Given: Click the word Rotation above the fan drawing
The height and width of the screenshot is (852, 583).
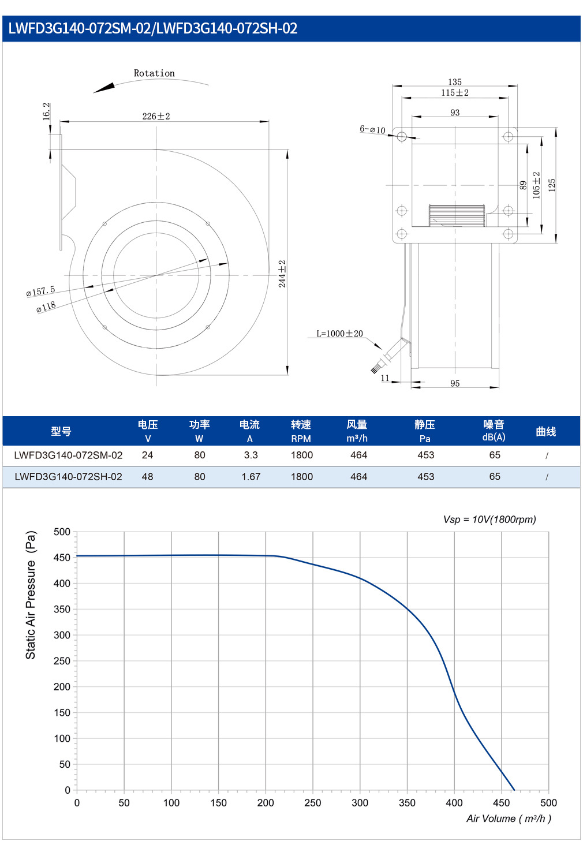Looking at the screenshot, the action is pos(154,73).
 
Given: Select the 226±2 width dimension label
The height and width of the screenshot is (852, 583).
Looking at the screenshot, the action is pos(156,116).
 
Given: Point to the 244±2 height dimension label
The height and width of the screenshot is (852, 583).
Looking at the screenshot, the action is pos(282,274).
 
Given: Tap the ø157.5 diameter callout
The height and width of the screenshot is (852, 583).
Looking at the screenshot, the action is pos(40,292).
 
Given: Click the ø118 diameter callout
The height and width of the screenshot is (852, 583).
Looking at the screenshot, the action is pos(46,307).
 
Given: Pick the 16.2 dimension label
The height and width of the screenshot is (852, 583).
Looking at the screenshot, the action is pos(46,111).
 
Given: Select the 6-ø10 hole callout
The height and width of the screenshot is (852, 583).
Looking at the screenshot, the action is pos(373,130).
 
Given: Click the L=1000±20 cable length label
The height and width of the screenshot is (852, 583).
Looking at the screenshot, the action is pos(339,334).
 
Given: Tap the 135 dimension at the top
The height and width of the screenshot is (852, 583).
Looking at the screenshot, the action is pos(455,82).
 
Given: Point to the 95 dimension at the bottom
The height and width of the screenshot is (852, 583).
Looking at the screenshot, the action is pos(455,383).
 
